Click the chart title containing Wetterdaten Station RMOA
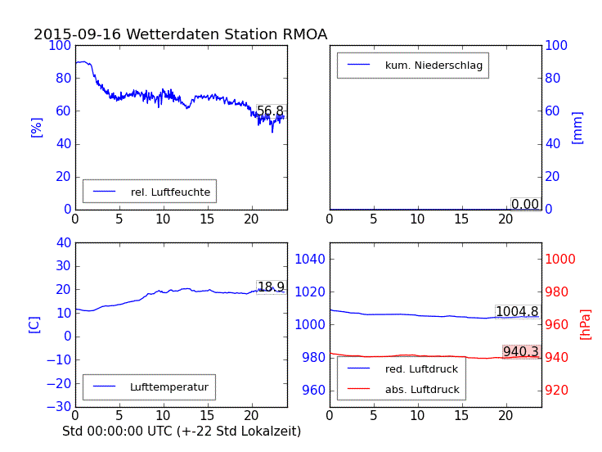tap(180, 34)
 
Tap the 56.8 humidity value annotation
tap(270, 111)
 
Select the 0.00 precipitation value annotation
tap(525, 204)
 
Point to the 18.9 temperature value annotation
tap(271, 287)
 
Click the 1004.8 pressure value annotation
tap(517, 312)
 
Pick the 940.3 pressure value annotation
tap(521, 352)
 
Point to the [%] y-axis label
tap(36, 127)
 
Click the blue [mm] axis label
tap(577, 128)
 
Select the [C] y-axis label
tap(34, 324)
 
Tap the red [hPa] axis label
tap(586, 324)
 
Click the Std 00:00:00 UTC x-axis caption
tap(182, 431)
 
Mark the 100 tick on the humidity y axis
tap(60, 45)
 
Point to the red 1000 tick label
tap(561, 260)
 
